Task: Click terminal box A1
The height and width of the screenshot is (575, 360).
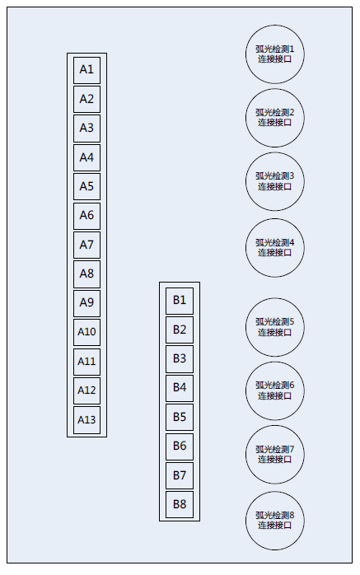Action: click(x=86, y=70)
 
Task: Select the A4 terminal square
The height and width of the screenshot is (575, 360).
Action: click(x=86, y=157)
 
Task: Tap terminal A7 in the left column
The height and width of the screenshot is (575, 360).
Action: click(x=86, y=245)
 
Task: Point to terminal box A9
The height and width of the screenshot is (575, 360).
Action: click(x=86, y=303)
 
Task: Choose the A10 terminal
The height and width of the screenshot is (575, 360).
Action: click(x=86, y=332)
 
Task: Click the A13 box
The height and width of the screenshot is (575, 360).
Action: click(x=86, y=420)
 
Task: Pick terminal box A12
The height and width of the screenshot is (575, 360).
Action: click(x=86, y=391)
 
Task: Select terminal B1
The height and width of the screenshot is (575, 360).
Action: click(x=180, y=301)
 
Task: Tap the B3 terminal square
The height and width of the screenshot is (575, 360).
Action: click(x=180, y=359)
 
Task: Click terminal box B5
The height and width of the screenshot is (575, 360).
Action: click(x=180, y=418)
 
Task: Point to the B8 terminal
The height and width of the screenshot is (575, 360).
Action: click(x=180, y=505)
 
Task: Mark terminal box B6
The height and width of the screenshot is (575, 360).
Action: click(x=180, y=446)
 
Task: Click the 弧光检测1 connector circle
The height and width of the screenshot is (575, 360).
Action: click(x=275, y=54)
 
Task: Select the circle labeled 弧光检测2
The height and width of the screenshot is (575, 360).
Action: click(x=275, y=118)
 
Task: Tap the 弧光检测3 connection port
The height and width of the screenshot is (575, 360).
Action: click(x=275, y=181)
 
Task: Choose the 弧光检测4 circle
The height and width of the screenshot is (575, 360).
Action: click(x=275, y=247)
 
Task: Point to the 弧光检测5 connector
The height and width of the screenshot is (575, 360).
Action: click(x=275, y=327)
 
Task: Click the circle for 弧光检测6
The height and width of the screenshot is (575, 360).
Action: click(x=275, y=390)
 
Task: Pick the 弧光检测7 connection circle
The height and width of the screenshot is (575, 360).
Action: click(x=275, y=455)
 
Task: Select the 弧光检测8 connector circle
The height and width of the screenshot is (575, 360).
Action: click(x=275, y=521)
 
